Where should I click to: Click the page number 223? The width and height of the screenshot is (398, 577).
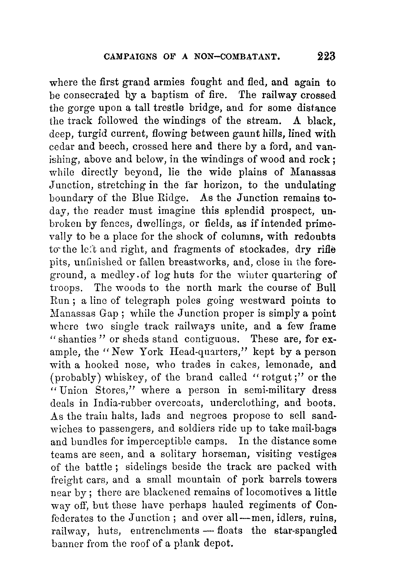pos(326,57)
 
